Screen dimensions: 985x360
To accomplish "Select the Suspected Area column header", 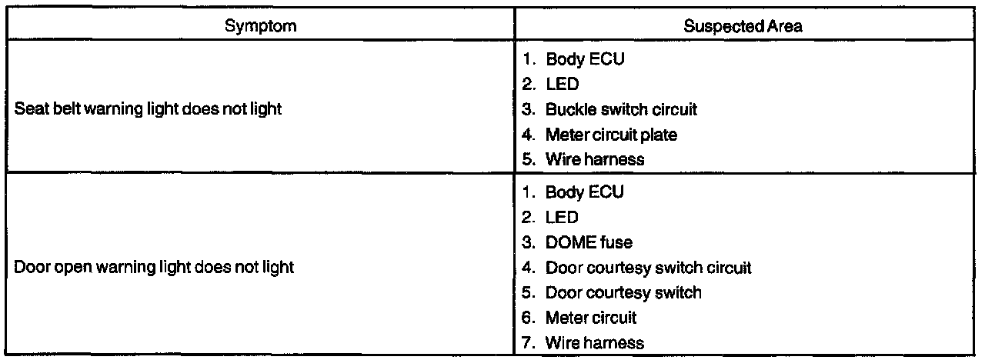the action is click(x=744, y=25).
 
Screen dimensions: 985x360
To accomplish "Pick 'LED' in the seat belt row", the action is click(x=562, y=84).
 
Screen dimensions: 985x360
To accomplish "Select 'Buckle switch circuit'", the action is click(x=621, y=109).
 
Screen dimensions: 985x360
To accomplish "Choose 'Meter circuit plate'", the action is click(x=611, y=135).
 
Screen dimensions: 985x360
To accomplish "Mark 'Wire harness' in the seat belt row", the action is click(x=595, y=160).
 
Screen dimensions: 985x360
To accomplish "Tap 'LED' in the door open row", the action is click(x=562, y=218).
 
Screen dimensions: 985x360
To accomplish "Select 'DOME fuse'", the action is click(x=589, y=242).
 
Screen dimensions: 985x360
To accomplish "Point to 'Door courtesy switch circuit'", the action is click(x=648, y=268).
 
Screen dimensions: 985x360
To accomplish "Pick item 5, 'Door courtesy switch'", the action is click(x=623, y=292).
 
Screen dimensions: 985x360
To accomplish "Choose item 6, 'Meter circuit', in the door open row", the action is click(x=591, y=317).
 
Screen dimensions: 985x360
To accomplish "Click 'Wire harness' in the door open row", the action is click(x=595, y=342).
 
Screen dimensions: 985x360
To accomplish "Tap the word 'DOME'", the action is click(x=569, y=242).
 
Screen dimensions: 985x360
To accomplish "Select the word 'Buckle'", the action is click(x=566, y=109).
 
